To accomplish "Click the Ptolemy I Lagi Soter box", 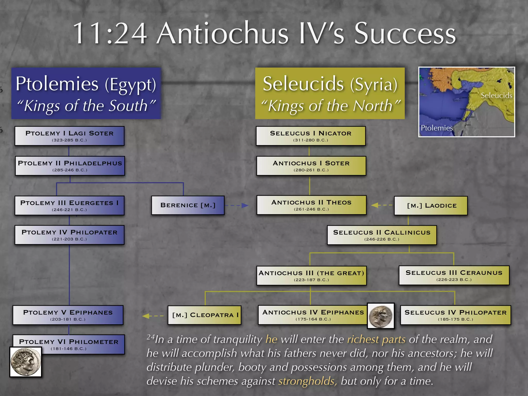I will pyautogui.click(x=69, y=136).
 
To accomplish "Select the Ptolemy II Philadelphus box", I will pyautogui.click(x=70, y=166).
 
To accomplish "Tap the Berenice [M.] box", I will pyautogui.click(x=188, y=205).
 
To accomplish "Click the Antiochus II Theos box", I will pyautogui.click(x=311, y=205).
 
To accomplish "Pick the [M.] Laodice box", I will pyautogui.click(x=431, y=205).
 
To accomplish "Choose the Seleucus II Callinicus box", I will pyautogui.click(x=382, y=235).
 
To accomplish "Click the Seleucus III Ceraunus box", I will pyautogui.click(x=454, y=275).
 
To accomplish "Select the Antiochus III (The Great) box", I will pyautogui.click(x=311, y=276).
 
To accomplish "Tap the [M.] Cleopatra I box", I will pyautogui.click(x=204, y=315).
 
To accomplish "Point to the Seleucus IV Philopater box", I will pyautogui.click(x=455, y=315).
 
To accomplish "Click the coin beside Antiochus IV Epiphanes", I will pyautogui.click(x=381, y=316).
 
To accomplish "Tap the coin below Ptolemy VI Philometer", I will pyautogui.click(x=26, y=362).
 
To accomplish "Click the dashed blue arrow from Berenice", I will pyautogui.click(x=236, y=205).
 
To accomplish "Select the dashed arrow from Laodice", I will pyautogui.click(x=382, y=205).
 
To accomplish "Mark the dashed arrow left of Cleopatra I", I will pyautogui.click(x=153, y=316).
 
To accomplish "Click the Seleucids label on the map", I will pyautogui.click(x=496, y=96).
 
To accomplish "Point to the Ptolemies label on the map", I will pyautogui.click(x=436, y=128).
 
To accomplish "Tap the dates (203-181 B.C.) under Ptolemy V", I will pyautogui.click(x=68, y=319).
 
